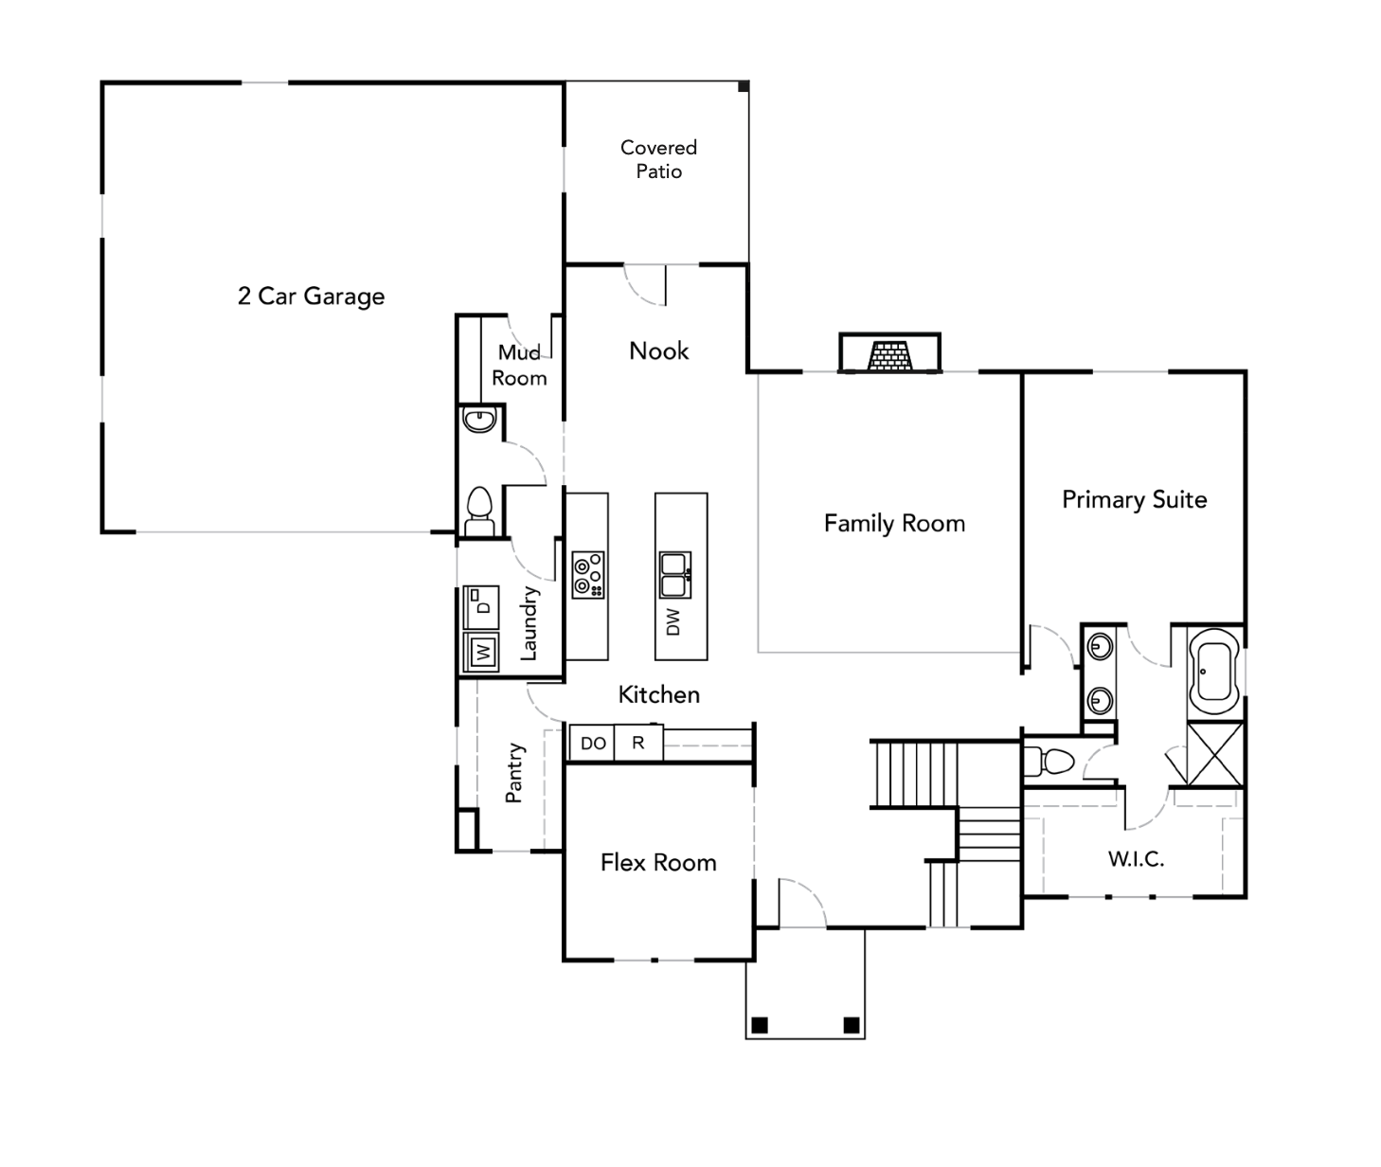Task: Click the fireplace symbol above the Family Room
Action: (x=889, y=355)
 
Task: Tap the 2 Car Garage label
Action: (x=311, y=296)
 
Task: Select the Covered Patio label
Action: (x=658, y=159)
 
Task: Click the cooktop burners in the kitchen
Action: (x=588, y=575)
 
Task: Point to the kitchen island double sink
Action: (x=674, y=575)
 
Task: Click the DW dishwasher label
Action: (x=673, y=622)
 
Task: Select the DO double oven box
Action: (x=593, y=744)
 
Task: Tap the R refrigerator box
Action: (x=638, y=744)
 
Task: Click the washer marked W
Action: (x=482, y=652)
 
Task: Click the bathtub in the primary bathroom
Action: (x=1213, y=672)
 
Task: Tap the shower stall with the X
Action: (x=1214, y=754)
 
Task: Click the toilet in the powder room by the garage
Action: (x=479, y=512)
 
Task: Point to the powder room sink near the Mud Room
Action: (x=479, y=420)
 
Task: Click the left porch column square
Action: (x=759, y=1025)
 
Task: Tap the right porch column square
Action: (x=851, y=1025)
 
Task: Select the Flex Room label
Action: (x=658, y=863)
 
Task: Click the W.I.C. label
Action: (x=1136, y=859)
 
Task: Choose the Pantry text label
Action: (x=514, y=773)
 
